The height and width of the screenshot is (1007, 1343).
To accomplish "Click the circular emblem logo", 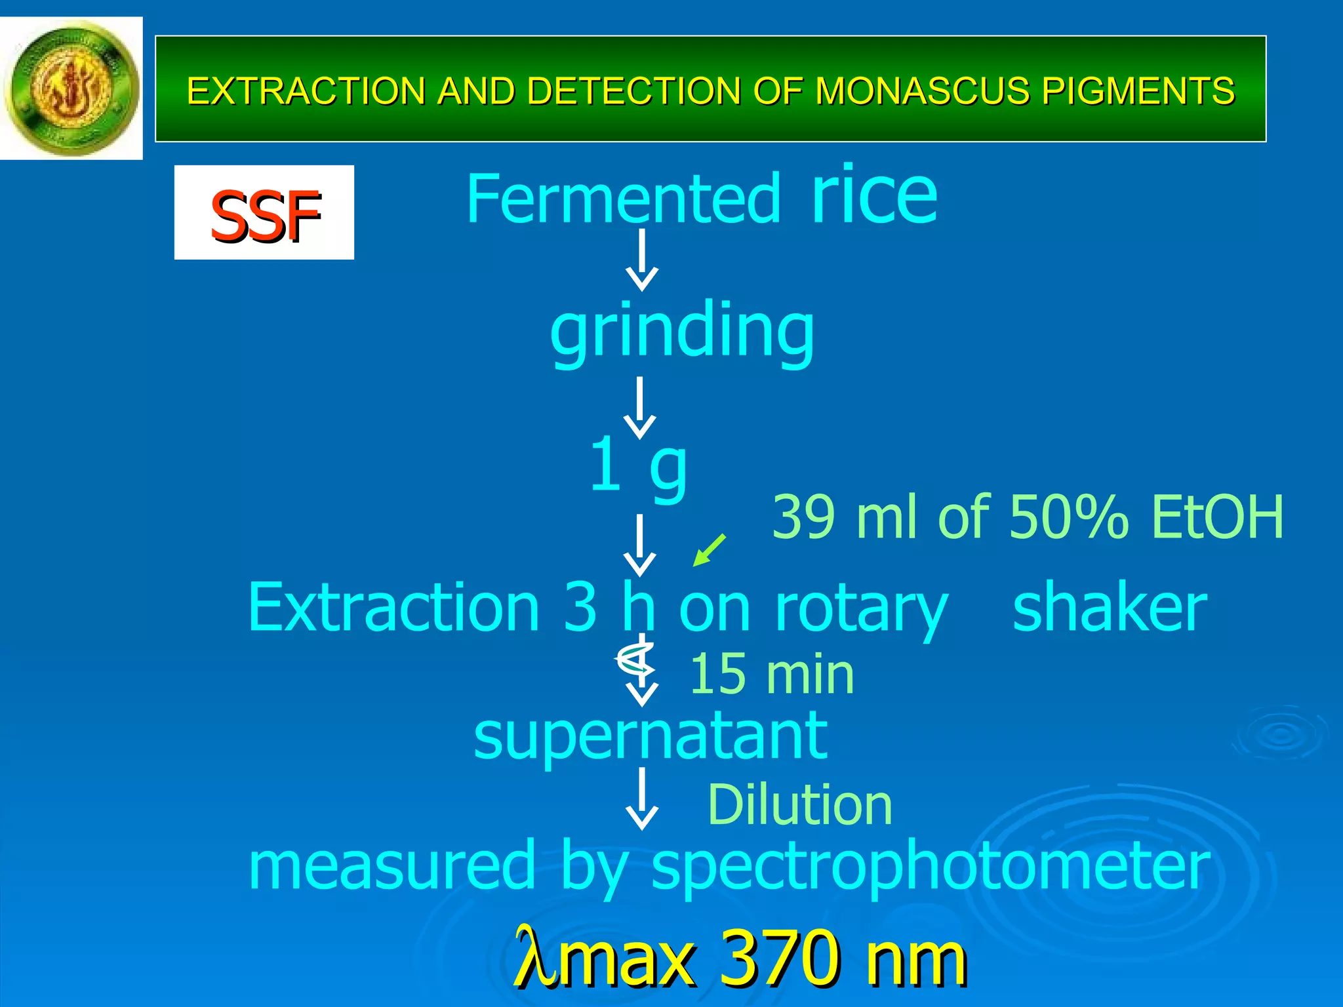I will (x=71, y=88).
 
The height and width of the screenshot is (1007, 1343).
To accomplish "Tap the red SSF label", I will (x=264, y=214).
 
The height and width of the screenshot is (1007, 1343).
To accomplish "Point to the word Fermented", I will (x=623, y=199).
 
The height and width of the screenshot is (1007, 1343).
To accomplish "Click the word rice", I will (x=875, y=195).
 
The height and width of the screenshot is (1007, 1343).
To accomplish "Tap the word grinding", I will (x=682, y=331).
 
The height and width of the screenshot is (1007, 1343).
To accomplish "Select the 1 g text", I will (x=637, y=465).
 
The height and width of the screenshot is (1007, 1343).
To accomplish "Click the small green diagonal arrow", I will (x=710, y=549).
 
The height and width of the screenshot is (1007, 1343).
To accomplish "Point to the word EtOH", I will (x=1217, y=517).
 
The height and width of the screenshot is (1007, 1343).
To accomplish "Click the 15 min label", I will (x=772, y=674).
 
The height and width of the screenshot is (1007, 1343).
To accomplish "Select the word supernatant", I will (x=651, y=737).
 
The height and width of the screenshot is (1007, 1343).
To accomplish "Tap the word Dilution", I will (x=799, y=804).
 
